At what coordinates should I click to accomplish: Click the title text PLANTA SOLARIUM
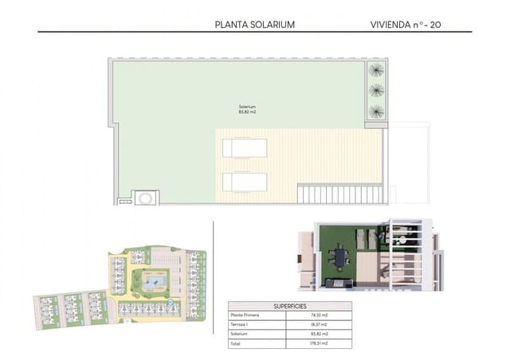[255, 25]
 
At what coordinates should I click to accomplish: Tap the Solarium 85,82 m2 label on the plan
[247, 109]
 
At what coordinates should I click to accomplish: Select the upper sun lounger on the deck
[245, 148]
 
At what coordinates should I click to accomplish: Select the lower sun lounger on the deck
[245, 182]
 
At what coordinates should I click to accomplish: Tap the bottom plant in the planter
[375, 111]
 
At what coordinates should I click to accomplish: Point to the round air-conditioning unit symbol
[146, 197]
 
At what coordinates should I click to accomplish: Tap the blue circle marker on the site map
[168, 303]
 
